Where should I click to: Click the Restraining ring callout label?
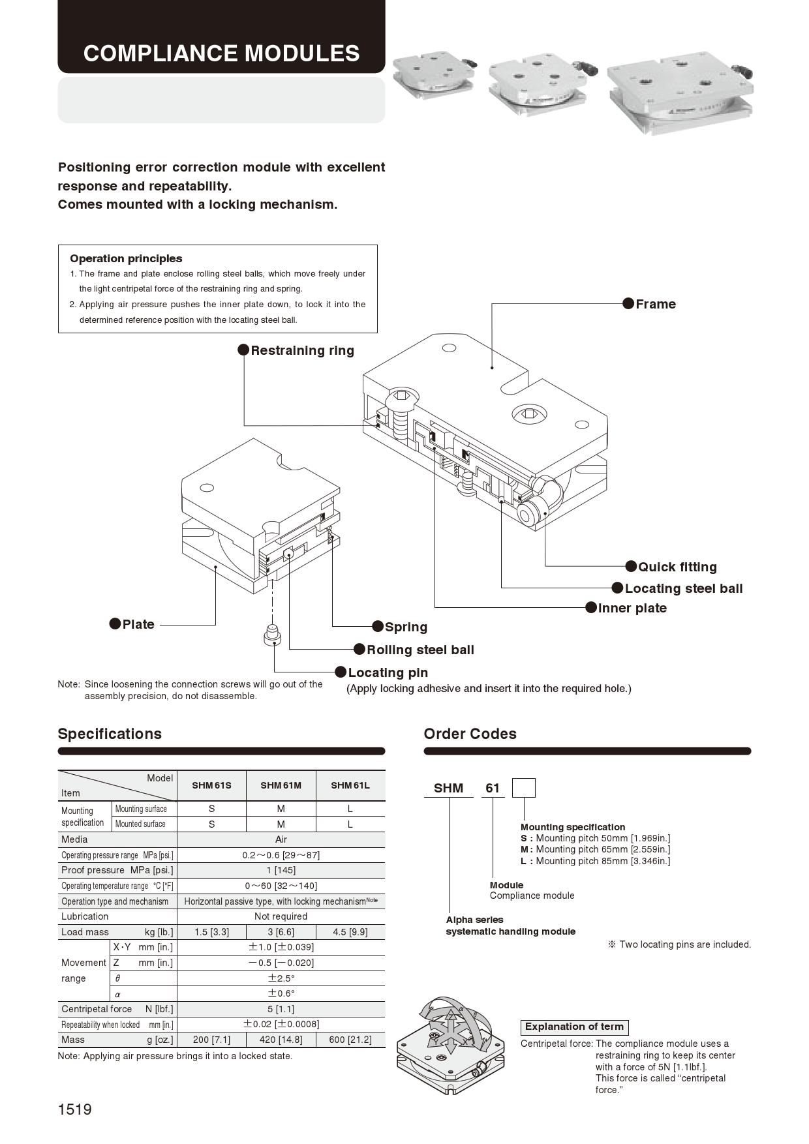[302, 350]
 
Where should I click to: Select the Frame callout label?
[655, 304]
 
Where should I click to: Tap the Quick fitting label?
[677, 567]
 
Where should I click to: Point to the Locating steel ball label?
[683, 588]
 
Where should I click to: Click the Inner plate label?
[632, 608]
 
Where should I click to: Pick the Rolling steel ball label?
[420, 650]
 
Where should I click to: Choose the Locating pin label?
[388, 672]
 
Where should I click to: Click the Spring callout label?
[405, 627]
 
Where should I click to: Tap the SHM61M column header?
[281, 785]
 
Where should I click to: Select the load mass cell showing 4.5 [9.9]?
[350, 932]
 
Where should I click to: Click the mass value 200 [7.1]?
[211, 1040]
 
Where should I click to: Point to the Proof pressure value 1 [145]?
[281, 870]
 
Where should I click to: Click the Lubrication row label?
[85, 916]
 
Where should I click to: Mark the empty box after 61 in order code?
[523, 788]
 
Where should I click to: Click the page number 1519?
[75, 1109]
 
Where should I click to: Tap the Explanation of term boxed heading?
[574, 1027]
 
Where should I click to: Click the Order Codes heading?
[470, 734]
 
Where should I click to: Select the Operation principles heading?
[126, 258]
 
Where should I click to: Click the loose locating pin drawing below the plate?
[273, 635]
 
